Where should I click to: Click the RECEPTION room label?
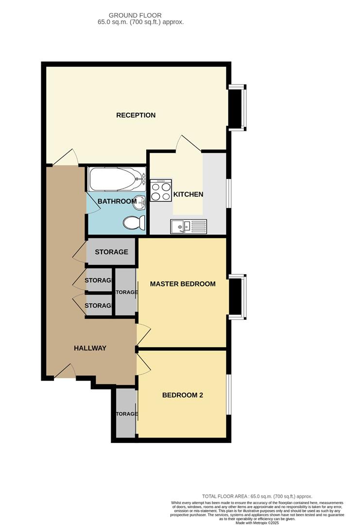[136, 115]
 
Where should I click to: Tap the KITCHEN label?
[189, 194]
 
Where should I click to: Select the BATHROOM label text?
[117, 201]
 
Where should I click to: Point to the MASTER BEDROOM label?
[183, 284]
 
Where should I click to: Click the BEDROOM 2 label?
[183, 395]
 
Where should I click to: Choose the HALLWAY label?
[90, 348]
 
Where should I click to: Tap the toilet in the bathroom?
[134, 223]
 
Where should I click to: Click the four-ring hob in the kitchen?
[161, 191]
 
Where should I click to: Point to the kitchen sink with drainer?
[189, 226]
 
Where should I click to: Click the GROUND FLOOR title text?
[135, 16]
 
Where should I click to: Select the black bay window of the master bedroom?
[236, 297]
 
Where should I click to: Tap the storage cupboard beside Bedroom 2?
[126, 414]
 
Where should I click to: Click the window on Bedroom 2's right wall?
[228, 395]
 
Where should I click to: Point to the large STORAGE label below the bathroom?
[111, 252]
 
